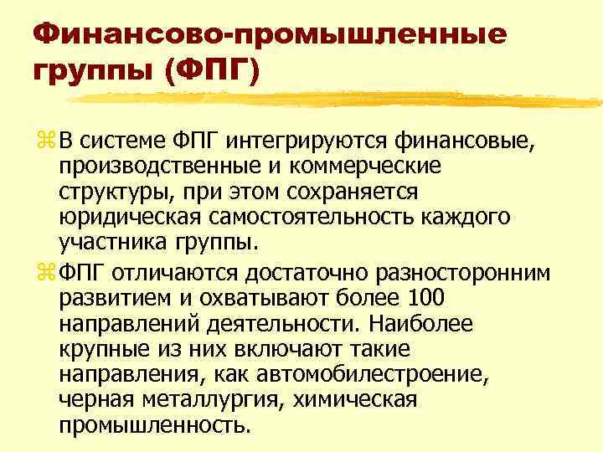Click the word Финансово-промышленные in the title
[271, 34]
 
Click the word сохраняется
[351, 193]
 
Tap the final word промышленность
[154, 426]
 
